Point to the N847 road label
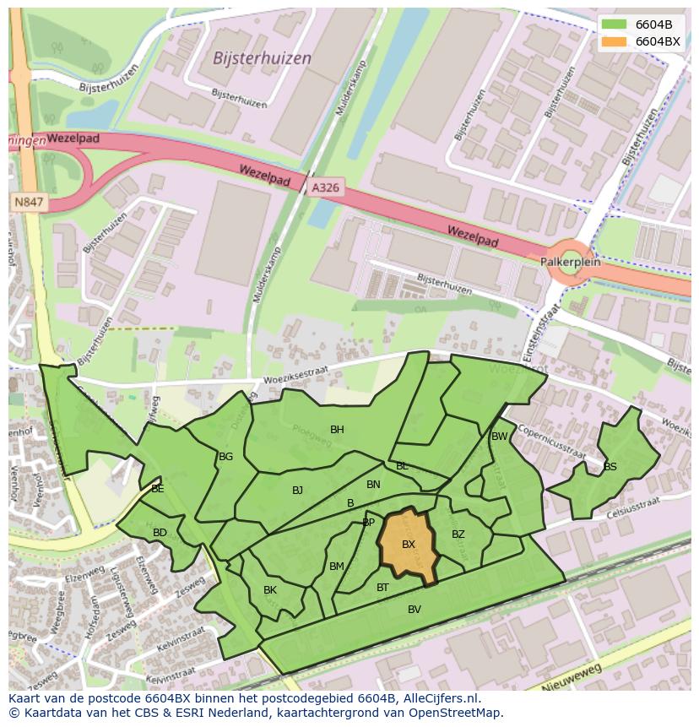tap(30, 203)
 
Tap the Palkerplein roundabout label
tap(571, 262)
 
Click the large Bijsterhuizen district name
tap(263, 58)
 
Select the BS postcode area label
tap(610, 466)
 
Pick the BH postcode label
tap(337, 430)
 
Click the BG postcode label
tap(225, 457)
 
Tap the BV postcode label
tap(415, 609)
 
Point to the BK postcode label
tap(270, 590)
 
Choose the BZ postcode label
tap(458, 534)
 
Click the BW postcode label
tap(500, 437)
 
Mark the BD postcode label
tap(160, 532)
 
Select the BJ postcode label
tap(297, 490)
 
